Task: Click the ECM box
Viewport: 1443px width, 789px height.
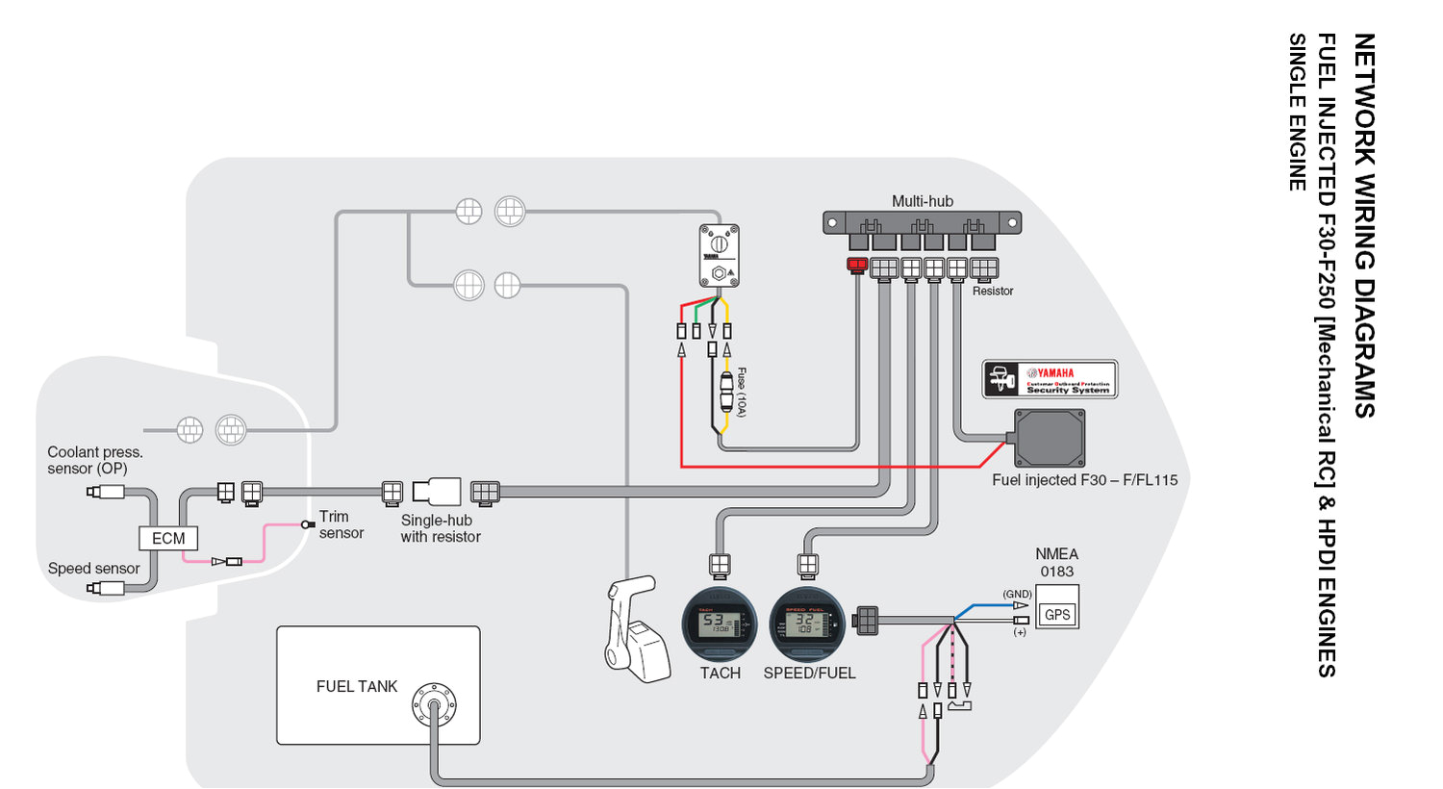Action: click(x=168, y=538)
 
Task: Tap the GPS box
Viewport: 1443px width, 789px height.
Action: click(x=1057, y=615)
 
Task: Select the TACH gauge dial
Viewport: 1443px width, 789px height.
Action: click(x=720, y=624)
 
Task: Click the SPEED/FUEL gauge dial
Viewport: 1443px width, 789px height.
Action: click(x=807, y=624)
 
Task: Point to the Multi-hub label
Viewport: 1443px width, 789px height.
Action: click(x=922, y=201)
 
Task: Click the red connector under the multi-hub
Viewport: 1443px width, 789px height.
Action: click(x=856, y=265)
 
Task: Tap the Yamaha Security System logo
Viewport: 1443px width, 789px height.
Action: click(x=1050, y=379)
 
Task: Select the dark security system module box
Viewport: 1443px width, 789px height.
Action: click(x=1050, y=438)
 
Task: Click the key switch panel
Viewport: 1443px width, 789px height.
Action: click(x=719, y=255)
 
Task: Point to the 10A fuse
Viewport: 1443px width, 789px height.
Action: click(x=726, y=393)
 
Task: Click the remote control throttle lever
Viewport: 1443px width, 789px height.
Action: click(x=635, y=630)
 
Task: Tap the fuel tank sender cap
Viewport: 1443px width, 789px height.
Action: click(x=434, y=705)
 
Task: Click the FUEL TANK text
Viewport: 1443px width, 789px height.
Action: click(x=356, y=686)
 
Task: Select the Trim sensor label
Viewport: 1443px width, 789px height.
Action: click(x=342, y=524)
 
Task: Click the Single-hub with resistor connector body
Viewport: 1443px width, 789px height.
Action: click(x=438, y=492)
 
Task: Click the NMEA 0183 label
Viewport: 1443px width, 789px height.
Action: click(x=1056, y=562)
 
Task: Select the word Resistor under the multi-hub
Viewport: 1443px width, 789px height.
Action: click(x=993, y=291)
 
